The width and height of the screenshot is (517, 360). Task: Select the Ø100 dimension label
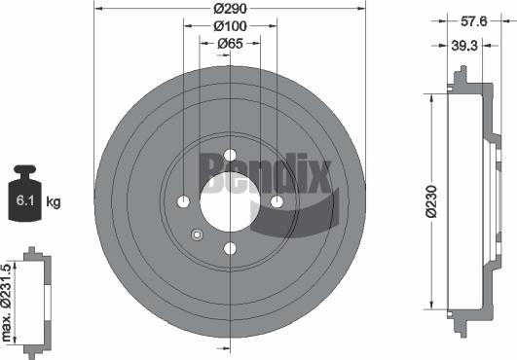(x=230, y=26)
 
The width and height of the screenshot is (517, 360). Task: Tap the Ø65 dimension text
(x=230, y=43)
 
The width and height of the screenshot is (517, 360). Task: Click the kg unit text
(x=54, y=202)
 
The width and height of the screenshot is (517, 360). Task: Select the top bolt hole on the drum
(x=230, y=155)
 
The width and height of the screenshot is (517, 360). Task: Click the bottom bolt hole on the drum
(x=230, y=249)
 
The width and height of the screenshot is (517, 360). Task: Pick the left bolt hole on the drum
(x=183, y=201)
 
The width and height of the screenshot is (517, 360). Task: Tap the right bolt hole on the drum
(x=277, y=201)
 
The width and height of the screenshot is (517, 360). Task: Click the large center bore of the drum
(x=230, y=201)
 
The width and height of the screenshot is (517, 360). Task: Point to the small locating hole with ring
(x=197, y=234)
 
